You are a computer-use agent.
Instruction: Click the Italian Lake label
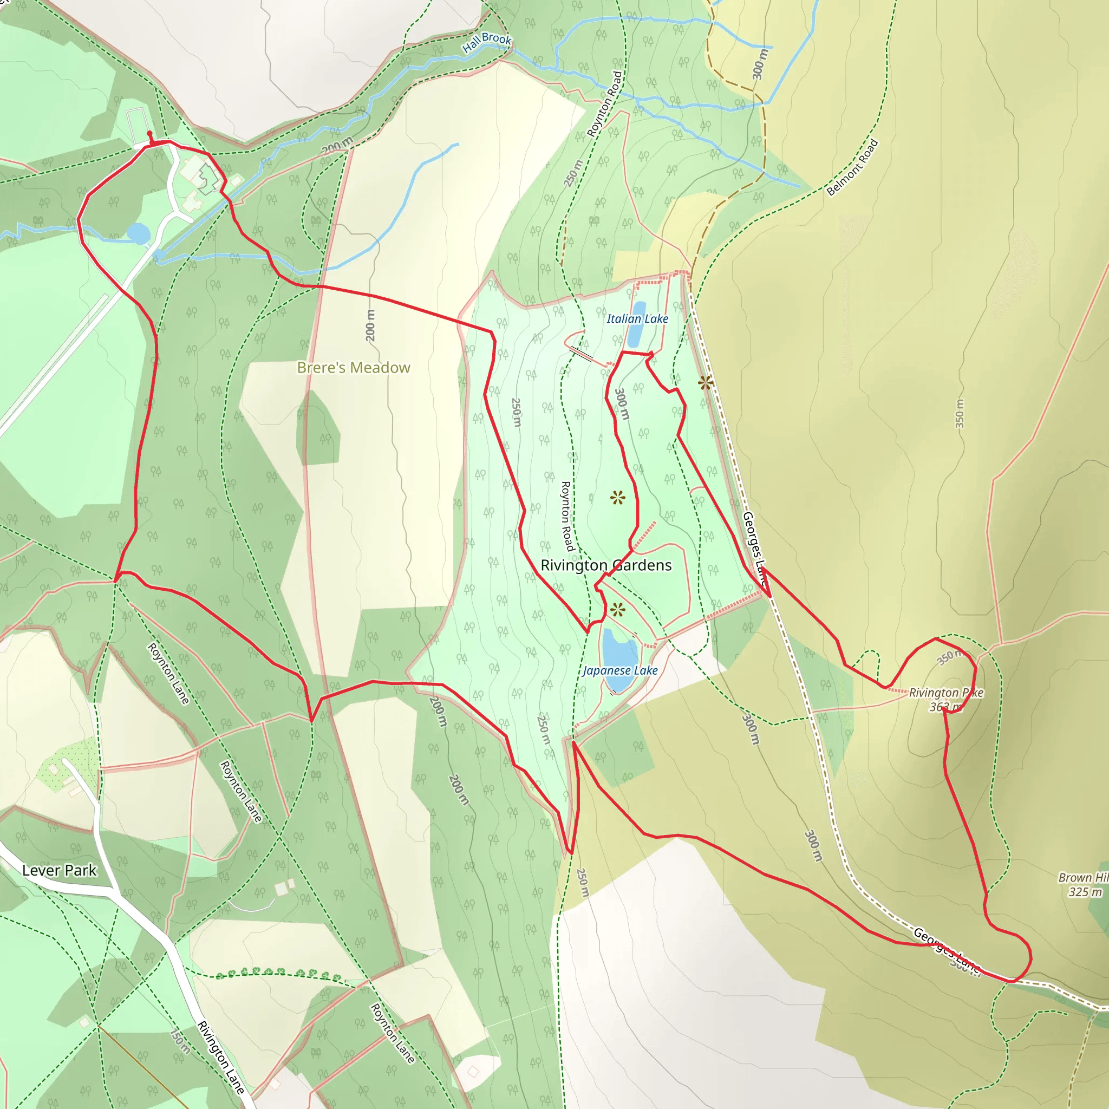pos(637,318)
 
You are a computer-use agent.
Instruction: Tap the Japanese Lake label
pos(620,670)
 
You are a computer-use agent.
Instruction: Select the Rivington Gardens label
pos(605,565)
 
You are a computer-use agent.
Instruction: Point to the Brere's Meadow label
pos(354,367)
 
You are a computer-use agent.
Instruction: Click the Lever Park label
pos(59,870)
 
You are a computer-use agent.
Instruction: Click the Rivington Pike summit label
pos(946,700)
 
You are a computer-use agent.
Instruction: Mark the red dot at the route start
pos(150,133)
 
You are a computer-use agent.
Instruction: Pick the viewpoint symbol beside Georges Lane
pos(706,383)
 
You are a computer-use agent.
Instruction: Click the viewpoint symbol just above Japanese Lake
pos(618,610)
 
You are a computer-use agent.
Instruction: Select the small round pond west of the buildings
pos(138,233)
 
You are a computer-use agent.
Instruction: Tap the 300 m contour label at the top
pos(759,64)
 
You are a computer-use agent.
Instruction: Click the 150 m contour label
pos(180,1041)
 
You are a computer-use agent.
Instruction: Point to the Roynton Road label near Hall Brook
pos(604,104)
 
